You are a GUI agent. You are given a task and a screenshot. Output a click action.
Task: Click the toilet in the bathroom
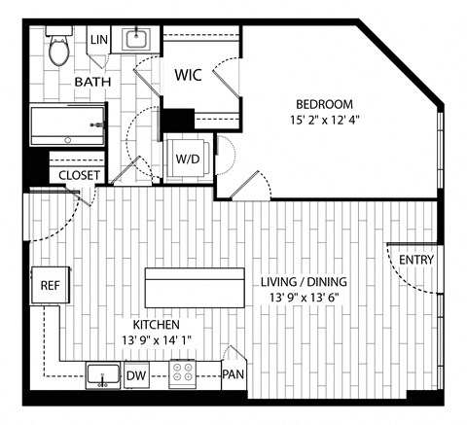point(58,46)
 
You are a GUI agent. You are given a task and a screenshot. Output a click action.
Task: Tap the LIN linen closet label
point(99,40)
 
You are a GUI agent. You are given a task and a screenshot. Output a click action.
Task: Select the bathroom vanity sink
point(136,39)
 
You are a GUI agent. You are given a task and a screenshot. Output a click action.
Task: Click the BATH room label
point(92,82)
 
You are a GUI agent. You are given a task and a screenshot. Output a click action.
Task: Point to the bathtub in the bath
point(67,125)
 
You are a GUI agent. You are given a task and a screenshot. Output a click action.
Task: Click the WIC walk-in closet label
point(189,75)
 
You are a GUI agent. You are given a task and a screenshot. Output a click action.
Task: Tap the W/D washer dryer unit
point(188,159)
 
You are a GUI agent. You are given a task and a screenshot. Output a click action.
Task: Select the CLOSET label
point(79,175)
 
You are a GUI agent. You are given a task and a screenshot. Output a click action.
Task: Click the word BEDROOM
point(325,104)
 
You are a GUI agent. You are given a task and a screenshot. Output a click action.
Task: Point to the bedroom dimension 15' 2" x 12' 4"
point(325,121)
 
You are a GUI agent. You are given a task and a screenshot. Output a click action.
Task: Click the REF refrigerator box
point(51,285)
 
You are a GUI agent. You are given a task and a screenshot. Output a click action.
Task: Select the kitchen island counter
point(195,288)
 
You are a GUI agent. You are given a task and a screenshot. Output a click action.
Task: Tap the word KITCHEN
point(157,325)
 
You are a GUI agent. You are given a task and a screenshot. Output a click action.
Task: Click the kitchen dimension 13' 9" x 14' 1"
point(157,340)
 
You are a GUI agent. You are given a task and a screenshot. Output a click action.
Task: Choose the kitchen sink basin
point(103,374)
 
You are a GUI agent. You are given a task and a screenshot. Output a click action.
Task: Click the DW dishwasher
point(136,375)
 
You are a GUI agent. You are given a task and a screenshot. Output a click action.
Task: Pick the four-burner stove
point(182,372)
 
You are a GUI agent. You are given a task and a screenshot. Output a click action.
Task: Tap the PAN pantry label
point(233,374)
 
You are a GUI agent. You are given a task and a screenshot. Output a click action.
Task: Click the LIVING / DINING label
point(304,282)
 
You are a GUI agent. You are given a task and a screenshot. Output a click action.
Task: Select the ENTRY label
point(416,260)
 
